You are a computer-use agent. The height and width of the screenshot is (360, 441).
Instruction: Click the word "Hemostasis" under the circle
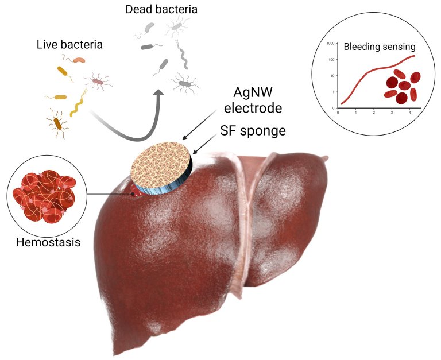coord(48,242)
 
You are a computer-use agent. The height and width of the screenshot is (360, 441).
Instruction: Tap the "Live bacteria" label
coord(69,44)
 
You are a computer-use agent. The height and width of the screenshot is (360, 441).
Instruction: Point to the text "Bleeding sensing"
coord(380,47)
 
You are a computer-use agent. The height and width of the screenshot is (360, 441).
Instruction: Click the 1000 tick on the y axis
coord(330,43)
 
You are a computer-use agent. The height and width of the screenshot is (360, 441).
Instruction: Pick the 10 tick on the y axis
coord(331,76)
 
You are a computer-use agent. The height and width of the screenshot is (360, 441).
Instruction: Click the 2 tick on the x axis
coord(373,113)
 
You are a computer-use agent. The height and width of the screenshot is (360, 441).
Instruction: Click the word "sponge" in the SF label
coord(262,131)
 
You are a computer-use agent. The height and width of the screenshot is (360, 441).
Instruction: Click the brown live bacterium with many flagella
coord(58,122)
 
